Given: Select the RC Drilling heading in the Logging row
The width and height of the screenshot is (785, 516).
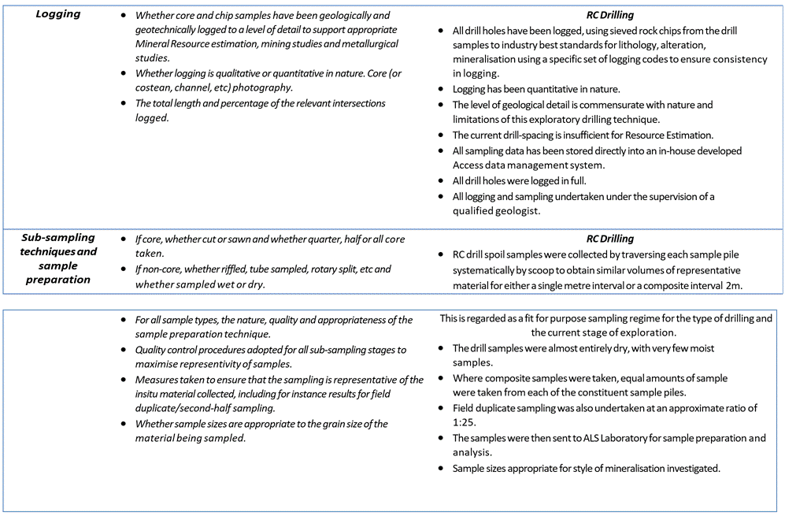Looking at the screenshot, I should (609, 15).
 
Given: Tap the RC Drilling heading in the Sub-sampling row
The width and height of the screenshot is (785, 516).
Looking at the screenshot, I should (609, 239).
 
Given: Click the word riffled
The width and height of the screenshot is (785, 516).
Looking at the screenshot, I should (239, 269).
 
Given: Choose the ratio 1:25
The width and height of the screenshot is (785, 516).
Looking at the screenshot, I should (465, 423).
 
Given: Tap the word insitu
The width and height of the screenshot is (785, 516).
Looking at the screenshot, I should (151, 393).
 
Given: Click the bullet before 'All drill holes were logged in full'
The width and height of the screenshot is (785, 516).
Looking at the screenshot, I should (444, 180).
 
